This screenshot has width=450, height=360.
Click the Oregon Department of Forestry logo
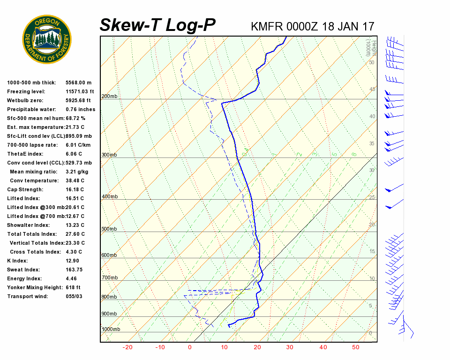click(x=47, y=39)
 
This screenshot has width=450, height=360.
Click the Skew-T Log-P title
click(x=157, y=25)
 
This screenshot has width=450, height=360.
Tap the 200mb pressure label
click(x=109, y=97)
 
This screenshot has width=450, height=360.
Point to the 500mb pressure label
click(x=109, y=229)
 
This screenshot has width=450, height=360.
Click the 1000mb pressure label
click(x=111, y=329)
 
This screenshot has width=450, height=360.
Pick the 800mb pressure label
click(x=109, y=297)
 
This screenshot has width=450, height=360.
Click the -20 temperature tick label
click(x=127, y=347)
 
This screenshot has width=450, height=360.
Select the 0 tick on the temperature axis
click(x=190, y=347)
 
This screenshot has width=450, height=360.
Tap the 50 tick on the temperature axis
click(x=356, y=347)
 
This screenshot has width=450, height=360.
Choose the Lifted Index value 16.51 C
click(x=75, y=198)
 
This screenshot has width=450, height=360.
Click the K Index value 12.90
click(x=73, y=261)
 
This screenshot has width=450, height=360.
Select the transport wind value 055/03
click(x=74, y=296)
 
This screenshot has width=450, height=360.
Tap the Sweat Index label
click(x=23, y=270)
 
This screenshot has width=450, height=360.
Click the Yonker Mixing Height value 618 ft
click(x=73, y=287)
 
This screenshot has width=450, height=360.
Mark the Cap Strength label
click(x=25, y=189)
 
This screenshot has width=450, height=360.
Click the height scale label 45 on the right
click(x=372, y=89)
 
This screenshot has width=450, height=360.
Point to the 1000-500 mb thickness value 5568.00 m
click(x=78, y=82)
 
